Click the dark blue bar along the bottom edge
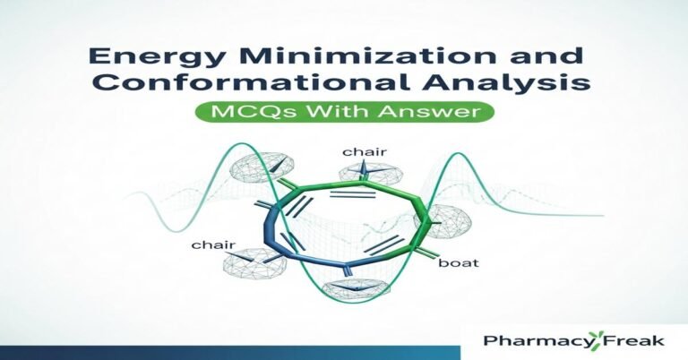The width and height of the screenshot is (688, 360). pyautogui.click(x=224, y=351)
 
